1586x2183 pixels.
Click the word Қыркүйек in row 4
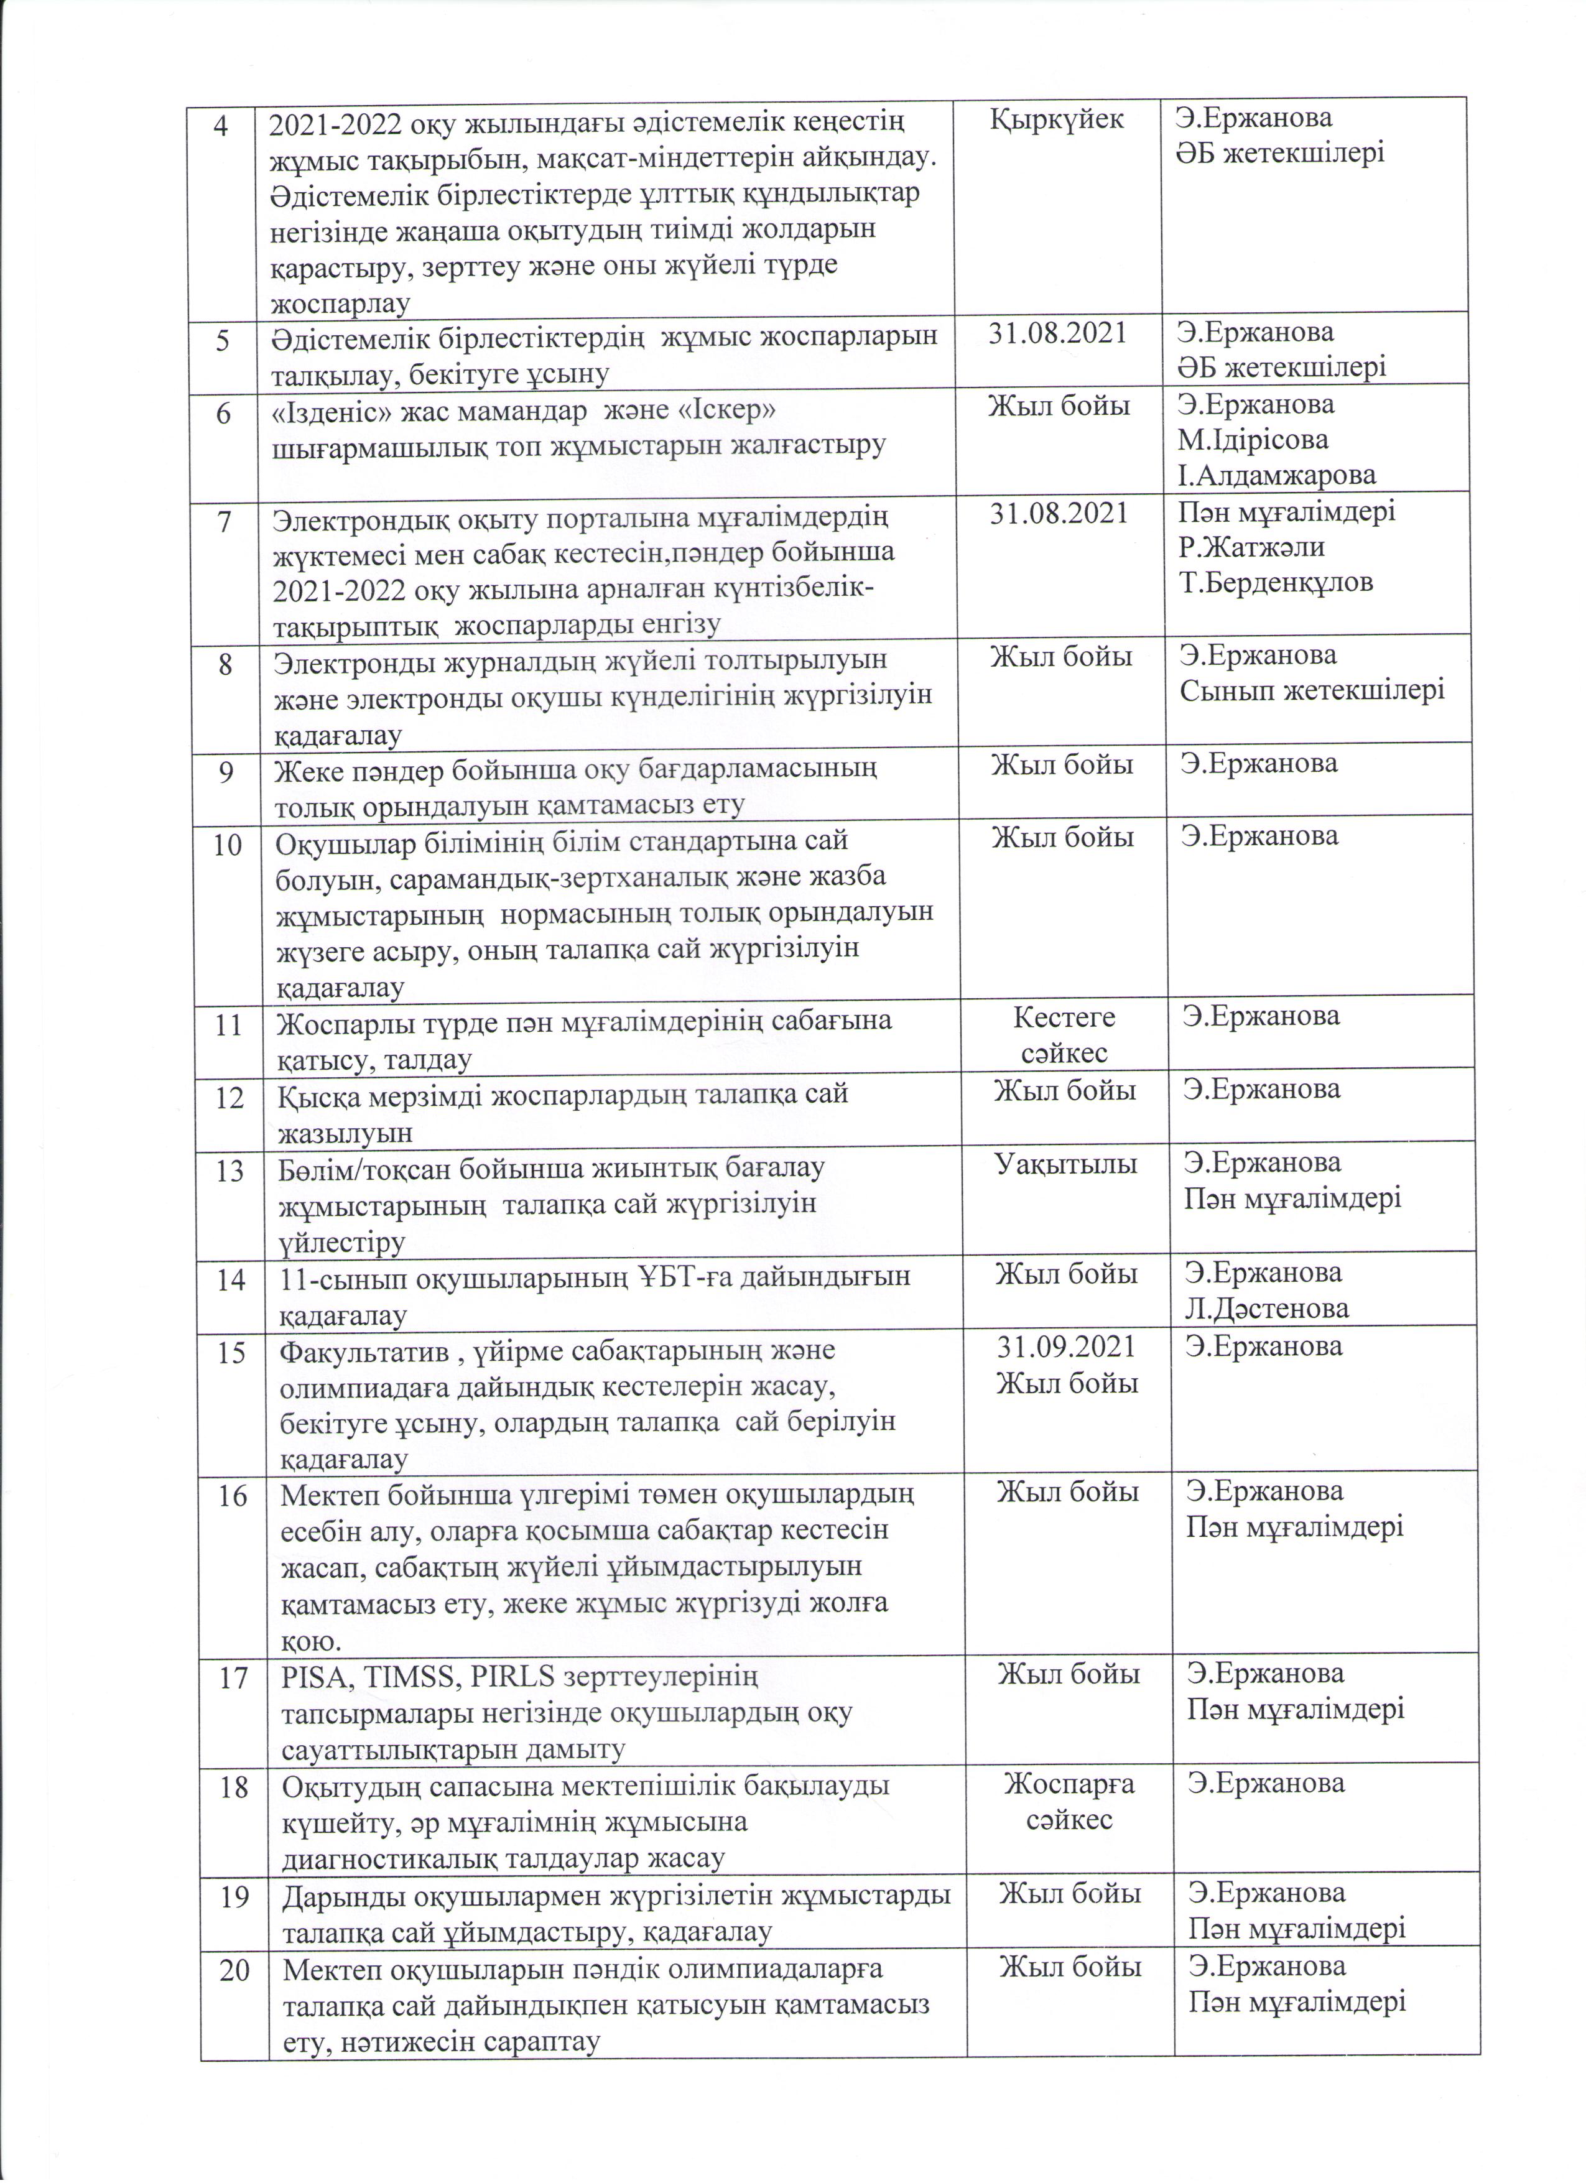pyautogui.click(x=1055, y=119)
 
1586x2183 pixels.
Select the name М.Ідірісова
pyautogui.click(x=1253, y=440)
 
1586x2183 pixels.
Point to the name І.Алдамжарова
pyautogui.click(x=1277, y=475)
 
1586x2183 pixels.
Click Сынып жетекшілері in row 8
pyautogui.click(x=1313, y=690)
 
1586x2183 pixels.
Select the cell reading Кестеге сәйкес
pyautogui.click(x=1064, y=1034)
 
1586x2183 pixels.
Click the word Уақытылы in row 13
pyautogui.click(x=1064, y=1164)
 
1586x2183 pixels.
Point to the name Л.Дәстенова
pyautogui.click(x=1266, y=1308)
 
